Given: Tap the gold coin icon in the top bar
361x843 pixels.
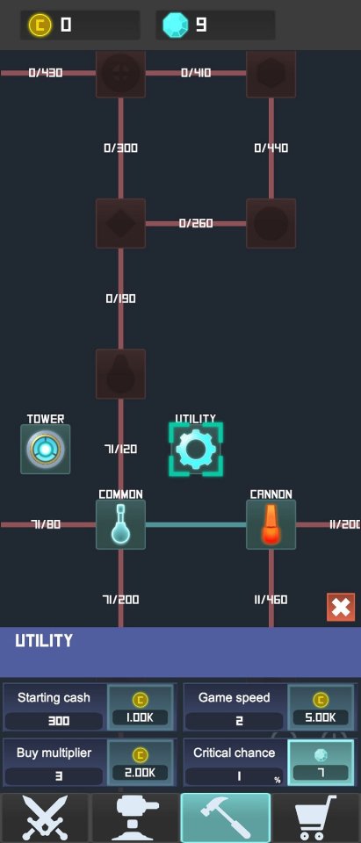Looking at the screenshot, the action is tap(40, 25).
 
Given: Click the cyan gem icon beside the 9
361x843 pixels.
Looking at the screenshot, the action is tap(176, 25).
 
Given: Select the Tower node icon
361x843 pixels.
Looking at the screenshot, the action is tap(45, 449).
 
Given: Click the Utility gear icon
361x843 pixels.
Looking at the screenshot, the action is tap(196, 449).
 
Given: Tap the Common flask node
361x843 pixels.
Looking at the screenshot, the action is tap(120, 525).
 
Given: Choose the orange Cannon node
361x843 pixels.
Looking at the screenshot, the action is tap(271, 525).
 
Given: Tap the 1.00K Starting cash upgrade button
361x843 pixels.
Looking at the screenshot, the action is tap(141, 708).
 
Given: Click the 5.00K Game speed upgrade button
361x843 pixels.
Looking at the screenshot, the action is tap(321, 708).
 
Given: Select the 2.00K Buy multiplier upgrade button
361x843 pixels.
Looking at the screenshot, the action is tap(141, 762).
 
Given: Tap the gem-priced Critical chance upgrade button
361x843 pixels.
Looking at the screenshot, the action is tap(321, 762).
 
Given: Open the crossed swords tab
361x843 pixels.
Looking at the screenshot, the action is tap(45, 818).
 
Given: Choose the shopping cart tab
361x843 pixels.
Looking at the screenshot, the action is tap(316, 818).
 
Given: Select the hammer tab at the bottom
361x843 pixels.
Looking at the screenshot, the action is tap(226, 818).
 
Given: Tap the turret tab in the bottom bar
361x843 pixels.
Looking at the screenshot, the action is tap(135, 818).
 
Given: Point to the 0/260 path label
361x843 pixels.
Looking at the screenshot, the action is tap(196, 223).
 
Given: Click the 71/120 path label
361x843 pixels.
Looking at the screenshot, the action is tap(120, 449).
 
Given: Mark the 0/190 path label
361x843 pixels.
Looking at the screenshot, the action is tap(120, 299).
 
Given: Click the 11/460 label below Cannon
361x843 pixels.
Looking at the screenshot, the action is tap(271, 600).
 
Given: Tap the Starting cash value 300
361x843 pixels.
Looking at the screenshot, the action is tap(59, 721).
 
